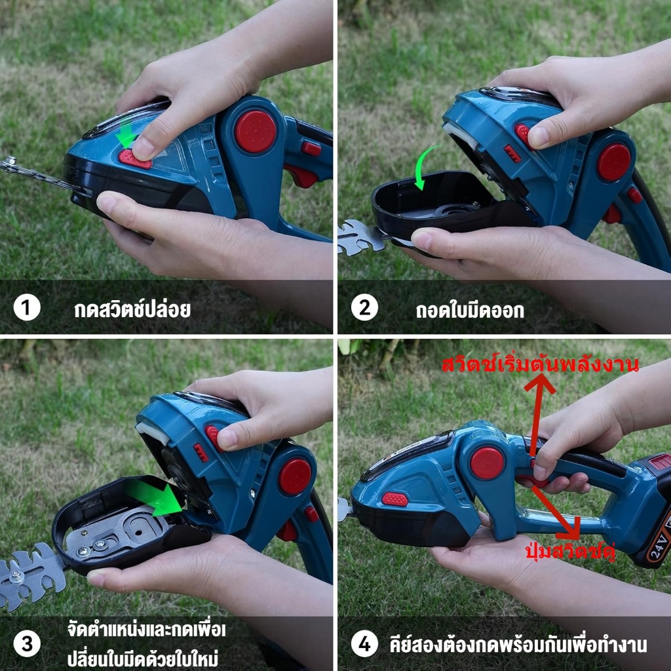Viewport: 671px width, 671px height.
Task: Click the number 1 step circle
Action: [x=26, y=308]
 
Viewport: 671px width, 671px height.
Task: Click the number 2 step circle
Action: [x=364, y=308]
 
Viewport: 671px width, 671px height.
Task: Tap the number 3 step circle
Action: [x=26, y=644]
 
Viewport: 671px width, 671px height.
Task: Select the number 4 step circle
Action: [x=364, y=644]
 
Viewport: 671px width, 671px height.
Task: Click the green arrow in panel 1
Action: [x=126, y=134]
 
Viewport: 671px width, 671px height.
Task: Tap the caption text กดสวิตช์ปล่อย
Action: [x=132, y=309]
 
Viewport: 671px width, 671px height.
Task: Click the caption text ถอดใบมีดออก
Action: [x=470, y=310]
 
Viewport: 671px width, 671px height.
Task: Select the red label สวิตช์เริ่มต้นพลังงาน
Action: [x=540, y=364]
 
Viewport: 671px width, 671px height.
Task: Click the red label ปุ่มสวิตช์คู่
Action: [x=570, y=552]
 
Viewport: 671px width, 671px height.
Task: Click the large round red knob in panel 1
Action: [x=256, y=131]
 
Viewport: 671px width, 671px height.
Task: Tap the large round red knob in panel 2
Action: [x=614, y=163]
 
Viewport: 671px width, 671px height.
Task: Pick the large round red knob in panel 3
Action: [x=295, y=476]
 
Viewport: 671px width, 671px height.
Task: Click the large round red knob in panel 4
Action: [x=488, y=463]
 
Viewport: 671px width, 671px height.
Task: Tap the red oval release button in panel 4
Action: [x=394, y=499]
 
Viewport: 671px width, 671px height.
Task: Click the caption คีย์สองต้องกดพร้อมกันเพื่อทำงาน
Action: [x=518, y=645]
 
